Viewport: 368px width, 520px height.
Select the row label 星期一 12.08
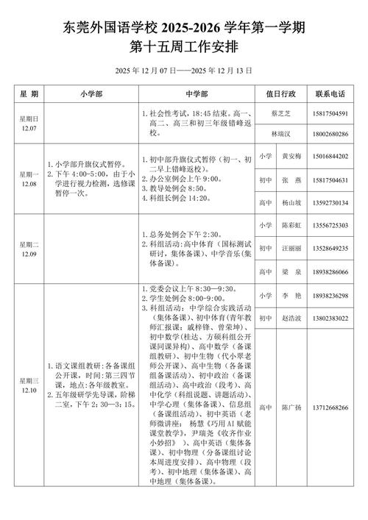tap(29, 177)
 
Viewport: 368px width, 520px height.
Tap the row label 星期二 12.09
tap(29, 238)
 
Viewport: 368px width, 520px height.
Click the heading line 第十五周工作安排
tap(184, 47)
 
